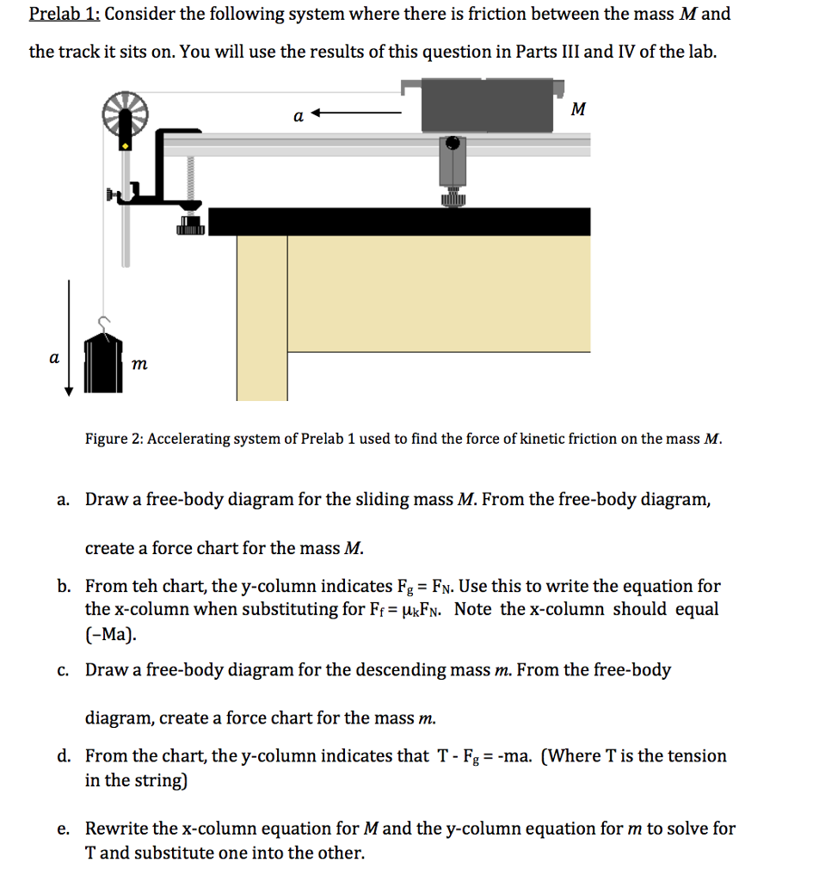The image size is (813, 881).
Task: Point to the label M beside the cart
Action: tap(578, 109)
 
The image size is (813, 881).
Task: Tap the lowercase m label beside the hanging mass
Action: tap(139, 366)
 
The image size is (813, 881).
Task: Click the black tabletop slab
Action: tap(399, 221)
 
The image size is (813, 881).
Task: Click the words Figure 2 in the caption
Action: tap(113, 439)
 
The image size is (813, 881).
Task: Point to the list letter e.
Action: tap(63, 829)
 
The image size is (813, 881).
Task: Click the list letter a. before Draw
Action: tap(64, 500)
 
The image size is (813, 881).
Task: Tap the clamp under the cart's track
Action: tap(453, 172)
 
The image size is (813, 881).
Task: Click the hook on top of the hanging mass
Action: tap(104, 323)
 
